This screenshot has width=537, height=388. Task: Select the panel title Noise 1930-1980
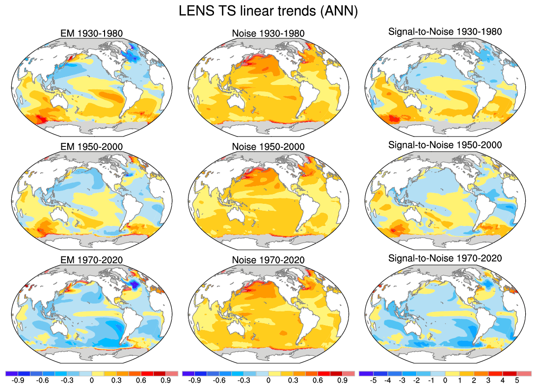[268, 33]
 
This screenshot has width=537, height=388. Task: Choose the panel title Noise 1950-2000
[268, 147]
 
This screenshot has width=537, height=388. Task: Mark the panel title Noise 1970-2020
[268, 260]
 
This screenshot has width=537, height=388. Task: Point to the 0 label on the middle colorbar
[268, 380]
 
